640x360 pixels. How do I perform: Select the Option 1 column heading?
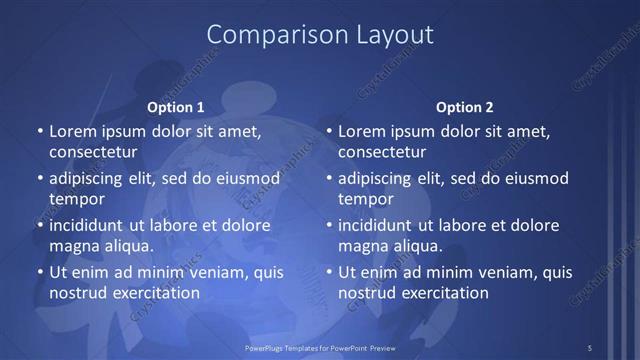tap(176, 107)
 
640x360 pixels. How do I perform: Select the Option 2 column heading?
tap(465, 107)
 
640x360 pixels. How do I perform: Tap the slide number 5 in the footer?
tap(590, 348)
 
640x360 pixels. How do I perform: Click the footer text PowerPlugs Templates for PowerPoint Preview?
tap(319, 348)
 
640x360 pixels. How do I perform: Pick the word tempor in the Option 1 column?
tap(77, 199)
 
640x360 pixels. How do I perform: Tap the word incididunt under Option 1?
tap(91, 225)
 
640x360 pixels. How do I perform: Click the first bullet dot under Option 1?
tap(40, 132)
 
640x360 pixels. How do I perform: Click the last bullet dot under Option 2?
tap(329, 272)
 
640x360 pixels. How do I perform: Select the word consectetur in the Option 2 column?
tap(382, 152)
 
